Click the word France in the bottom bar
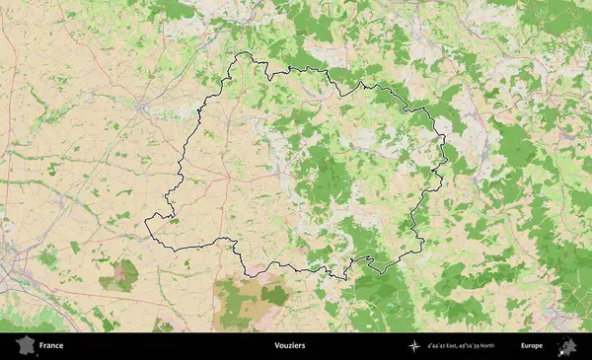(52, 346)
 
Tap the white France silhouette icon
(22, 346)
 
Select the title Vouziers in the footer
(290, 346)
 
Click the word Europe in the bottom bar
(532, 346)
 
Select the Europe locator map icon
(567, 346)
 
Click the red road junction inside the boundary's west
(229, 179)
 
